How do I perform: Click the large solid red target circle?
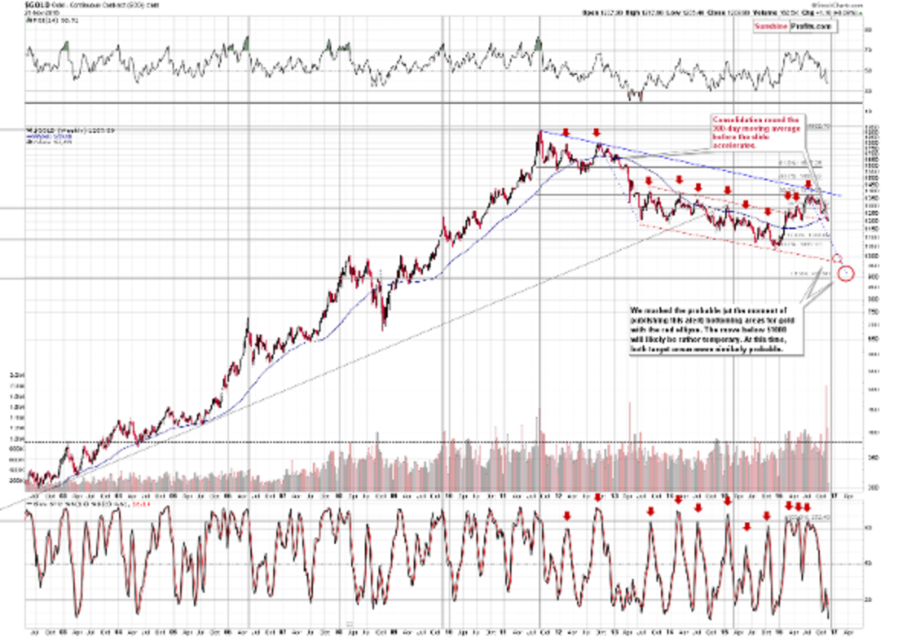click(846, 273)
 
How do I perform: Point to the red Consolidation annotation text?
click(755, 132)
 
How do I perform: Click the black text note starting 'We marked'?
click(717, 331)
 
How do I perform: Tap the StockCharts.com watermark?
click(840, 5)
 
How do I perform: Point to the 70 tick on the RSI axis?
click(866, 50)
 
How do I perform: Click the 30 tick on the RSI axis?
click(866, 90)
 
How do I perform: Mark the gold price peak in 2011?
click(540, 132)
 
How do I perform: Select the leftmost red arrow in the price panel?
click(566, 133)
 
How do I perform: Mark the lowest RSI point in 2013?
click(641, 99)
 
